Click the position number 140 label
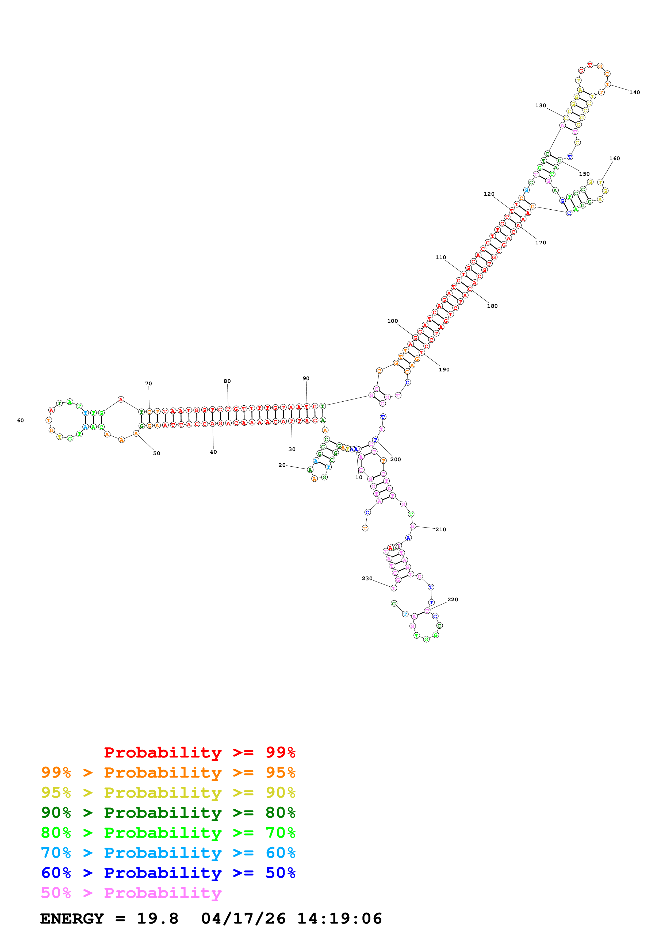coord(634,92)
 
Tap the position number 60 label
coord(20,420)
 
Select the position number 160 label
coord(614,159)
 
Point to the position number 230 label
coord(367,578)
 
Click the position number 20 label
coord(282,465)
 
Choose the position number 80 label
coord(227,381)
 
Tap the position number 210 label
coord(440,529)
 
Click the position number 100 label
coord(392,321)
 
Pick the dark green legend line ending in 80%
coord(168,813)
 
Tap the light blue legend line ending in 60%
coord(168,853)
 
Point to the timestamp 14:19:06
coord(339,918)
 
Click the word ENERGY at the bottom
coord(72,918)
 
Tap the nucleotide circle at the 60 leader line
coord(49,420)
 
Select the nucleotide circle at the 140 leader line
coord(607,84)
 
